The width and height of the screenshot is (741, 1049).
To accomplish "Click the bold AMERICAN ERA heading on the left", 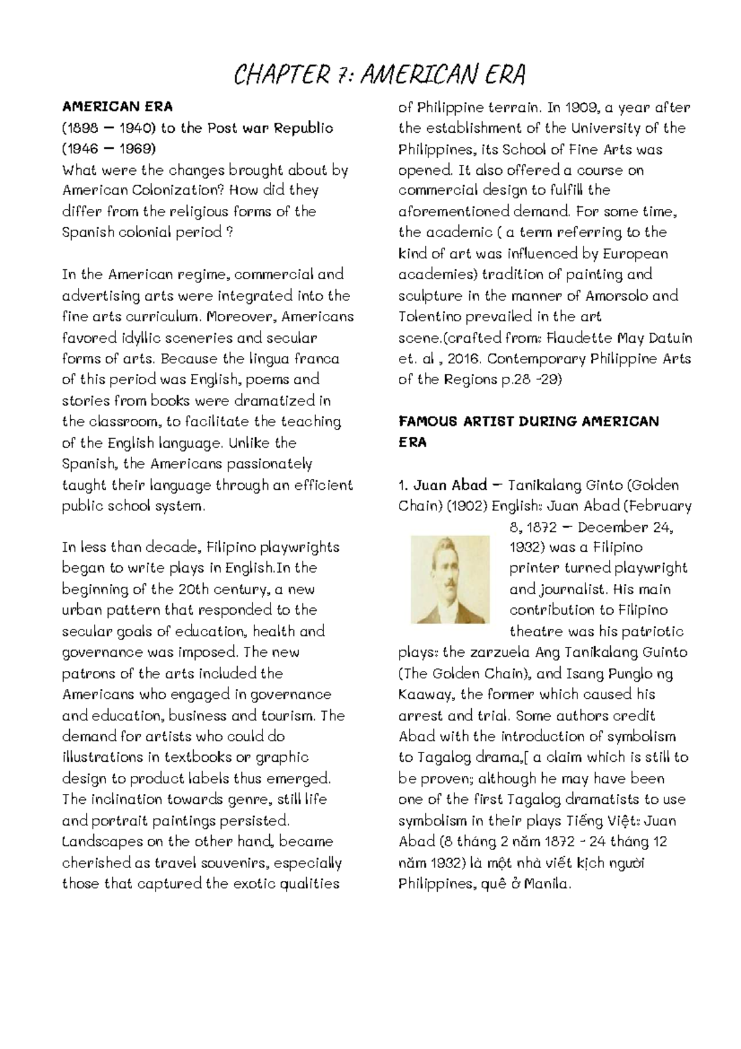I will point(117,107).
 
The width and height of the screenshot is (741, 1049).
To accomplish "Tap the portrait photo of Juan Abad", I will point(450,579).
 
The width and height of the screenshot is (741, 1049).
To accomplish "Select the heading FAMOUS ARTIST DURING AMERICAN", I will point(529,421).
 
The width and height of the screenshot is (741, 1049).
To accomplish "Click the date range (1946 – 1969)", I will point(109,149).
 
